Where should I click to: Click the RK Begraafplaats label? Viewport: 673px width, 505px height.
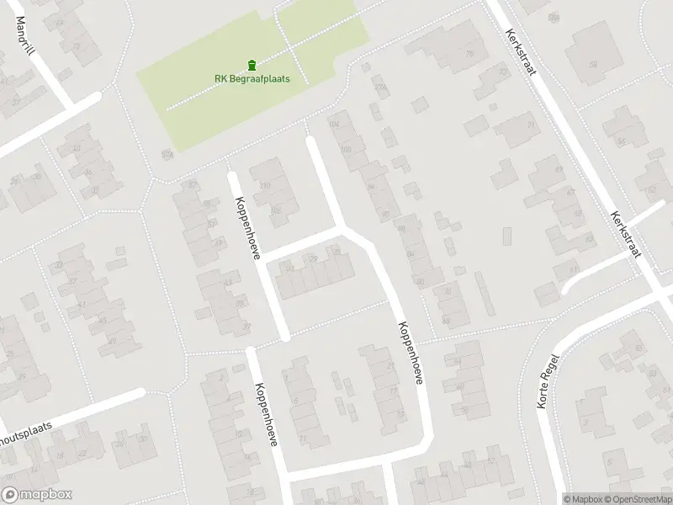[252, 79]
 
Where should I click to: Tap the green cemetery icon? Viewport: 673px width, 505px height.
[252, 65]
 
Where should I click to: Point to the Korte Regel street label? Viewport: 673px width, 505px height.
[548, 381]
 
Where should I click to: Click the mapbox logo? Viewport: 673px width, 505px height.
[36, 495]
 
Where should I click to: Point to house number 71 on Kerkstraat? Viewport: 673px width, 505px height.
[531, 125]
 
